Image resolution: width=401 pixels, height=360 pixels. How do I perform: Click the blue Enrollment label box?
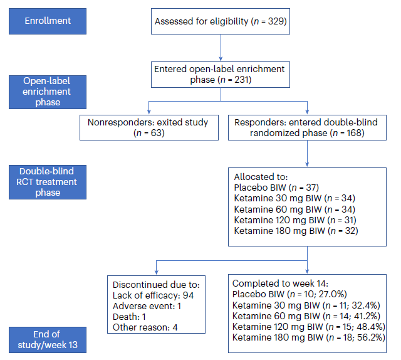[48, 21]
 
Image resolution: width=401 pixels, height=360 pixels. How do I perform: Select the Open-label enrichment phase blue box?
[48, 92]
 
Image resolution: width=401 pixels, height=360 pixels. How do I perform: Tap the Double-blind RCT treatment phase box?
[48, 182]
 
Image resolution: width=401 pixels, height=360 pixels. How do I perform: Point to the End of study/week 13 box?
[48, 340]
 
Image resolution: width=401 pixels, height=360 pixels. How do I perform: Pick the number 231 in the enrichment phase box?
[241, 80]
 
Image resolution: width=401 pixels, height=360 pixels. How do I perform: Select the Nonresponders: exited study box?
[149, 127]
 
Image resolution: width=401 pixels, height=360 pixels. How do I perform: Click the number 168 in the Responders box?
[354, 133]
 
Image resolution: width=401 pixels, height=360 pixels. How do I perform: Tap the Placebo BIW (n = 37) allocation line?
[276, 188]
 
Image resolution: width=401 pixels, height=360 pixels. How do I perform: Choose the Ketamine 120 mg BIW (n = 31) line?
[295, 220]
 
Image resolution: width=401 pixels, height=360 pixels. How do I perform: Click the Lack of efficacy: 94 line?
[153, 295]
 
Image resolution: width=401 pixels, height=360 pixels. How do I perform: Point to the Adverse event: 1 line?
[147, 306]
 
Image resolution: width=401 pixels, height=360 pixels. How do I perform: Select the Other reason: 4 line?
[145, 327]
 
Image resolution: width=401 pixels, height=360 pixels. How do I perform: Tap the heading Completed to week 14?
[280, 283]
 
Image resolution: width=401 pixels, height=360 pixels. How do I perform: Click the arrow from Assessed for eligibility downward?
[221, 48]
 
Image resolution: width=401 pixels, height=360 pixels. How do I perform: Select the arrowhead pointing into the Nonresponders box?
[149, 112]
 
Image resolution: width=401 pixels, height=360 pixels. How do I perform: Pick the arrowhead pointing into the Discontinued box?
[156, 272]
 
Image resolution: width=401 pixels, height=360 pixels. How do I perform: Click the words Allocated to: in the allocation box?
[261, 177]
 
